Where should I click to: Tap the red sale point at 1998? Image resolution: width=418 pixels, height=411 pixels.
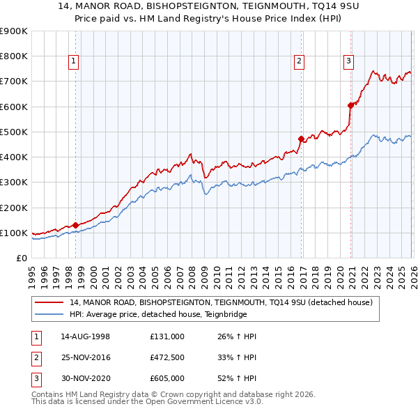(75, 225)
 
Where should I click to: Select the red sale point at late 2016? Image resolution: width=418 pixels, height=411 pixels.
(300, 139)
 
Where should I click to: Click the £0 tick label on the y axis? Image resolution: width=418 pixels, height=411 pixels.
(21, 258)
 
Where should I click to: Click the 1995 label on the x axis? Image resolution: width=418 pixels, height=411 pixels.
(32, 277)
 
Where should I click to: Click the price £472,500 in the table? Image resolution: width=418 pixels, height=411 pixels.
(167, 357)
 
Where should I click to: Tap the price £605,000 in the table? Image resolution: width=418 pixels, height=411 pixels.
(167, 378)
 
